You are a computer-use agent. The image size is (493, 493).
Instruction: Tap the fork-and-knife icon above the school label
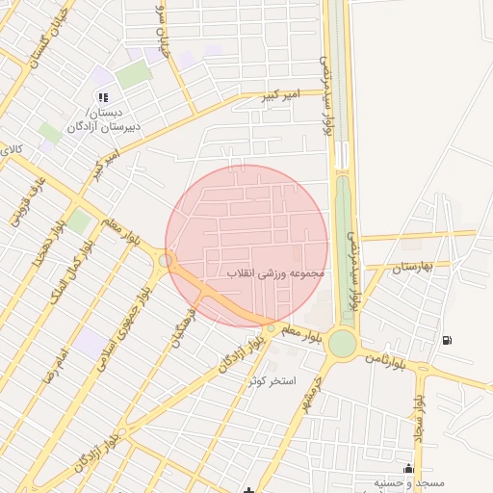click(x=103, y=97)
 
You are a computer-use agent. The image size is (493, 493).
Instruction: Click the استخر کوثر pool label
click(x=271, y=381)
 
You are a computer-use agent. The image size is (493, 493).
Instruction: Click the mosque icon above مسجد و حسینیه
click(x=408, y=469)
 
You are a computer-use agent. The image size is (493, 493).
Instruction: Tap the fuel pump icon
click(x=446, y=340)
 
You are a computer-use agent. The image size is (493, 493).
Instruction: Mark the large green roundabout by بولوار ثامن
click(x=342, y=344)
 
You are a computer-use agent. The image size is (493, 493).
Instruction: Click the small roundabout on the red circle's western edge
click(x=167, y=259)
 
